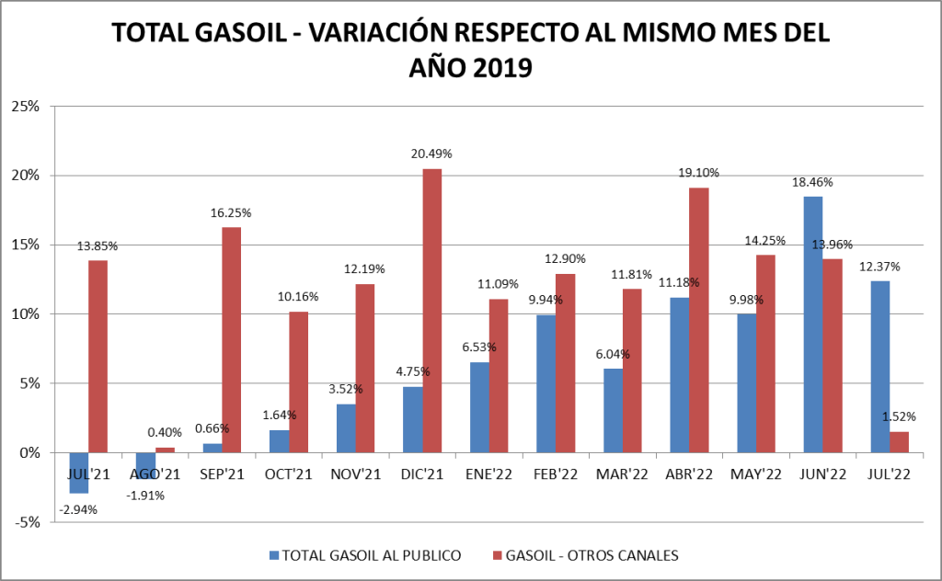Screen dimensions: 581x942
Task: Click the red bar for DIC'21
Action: pyautogui.click(x=432, y=311)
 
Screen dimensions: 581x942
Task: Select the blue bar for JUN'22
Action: pyautogui.click(x=813, y=324)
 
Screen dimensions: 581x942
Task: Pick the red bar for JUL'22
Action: pyautogui.click(x=900, y=442)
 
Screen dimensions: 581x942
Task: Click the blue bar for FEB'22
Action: pyautogui.click(x=546, y=383)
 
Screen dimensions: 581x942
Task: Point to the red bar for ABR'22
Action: pyautogui.click(x=699, y=320)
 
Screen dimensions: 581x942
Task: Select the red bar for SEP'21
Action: pyautogui.click(x=231, y=340)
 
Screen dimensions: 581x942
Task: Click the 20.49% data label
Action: pyautogui.click(x=431, y=154)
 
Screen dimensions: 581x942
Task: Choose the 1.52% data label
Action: pyautogui.click(x=899, y=416)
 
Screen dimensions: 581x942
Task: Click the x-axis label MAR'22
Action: pyautogui.click(x=622, y=474)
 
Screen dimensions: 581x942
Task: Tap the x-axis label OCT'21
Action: pyautogui.click(x=288, y=474)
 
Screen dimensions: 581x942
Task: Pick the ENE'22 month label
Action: pyautogui.click(x=488, y=474)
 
